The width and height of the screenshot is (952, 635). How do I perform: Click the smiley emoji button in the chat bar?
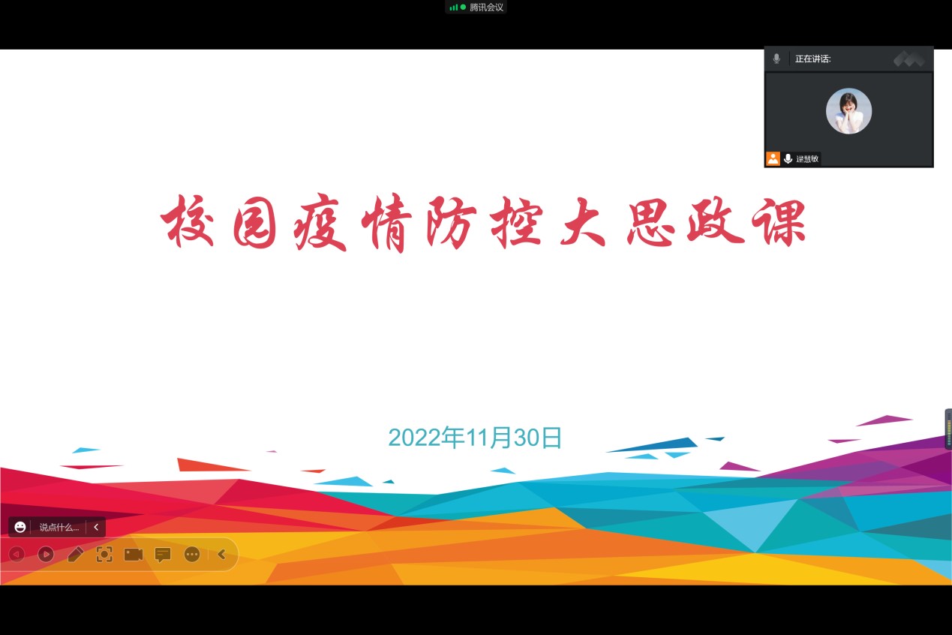pos(20,527)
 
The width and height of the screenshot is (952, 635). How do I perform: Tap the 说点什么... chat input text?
pos(59,528)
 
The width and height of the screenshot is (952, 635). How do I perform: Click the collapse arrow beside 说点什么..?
pos(96,527)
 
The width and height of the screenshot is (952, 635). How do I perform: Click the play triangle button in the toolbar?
pos(46,554)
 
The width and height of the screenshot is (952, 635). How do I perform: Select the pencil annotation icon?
pos(75,554)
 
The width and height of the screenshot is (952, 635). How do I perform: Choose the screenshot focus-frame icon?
pos(104,554)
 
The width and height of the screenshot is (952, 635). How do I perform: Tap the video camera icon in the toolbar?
pos(133,554)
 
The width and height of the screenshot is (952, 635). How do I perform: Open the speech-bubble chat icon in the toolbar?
pos(163,555)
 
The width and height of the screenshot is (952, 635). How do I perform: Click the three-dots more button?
pos(192,554)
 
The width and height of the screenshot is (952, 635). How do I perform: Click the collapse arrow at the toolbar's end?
pos(221,554)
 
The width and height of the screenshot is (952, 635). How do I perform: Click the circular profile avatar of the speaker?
pos(848,111)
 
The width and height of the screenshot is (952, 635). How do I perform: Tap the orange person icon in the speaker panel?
pos(773,158)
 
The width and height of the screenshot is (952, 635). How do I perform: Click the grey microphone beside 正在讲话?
pos(776,59)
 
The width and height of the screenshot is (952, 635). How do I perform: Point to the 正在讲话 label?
pos(812,59)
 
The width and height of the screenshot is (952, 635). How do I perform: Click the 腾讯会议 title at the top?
pos(487,8)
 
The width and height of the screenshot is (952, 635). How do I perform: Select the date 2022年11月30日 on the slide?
pos(475,438)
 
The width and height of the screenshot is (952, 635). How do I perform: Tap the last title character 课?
pos(779,222)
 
